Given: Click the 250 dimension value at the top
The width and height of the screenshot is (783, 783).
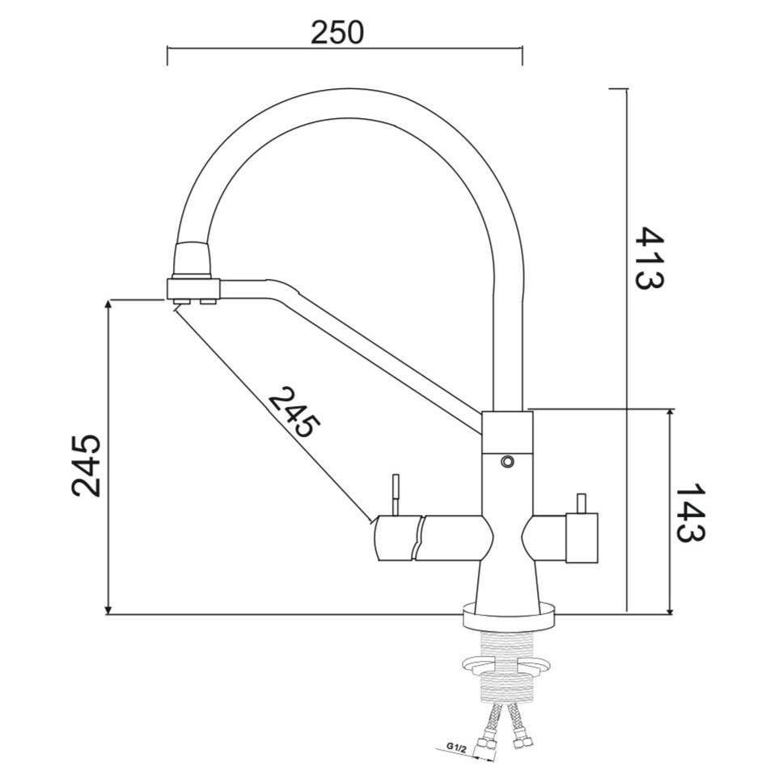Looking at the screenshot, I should (x=337, y=32).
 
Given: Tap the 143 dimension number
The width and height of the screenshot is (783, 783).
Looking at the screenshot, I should (x=689, y=513).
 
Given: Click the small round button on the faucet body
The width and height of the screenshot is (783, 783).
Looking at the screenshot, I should (x=507, y=461).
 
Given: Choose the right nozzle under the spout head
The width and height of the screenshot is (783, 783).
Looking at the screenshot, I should (x=208, y=302).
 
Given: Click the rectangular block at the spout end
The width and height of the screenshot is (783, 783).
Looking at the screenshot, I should (x=193, y=288).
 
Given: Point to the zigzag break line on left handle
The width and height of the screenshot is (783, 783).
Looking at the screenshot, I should (x=417, y=538).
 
